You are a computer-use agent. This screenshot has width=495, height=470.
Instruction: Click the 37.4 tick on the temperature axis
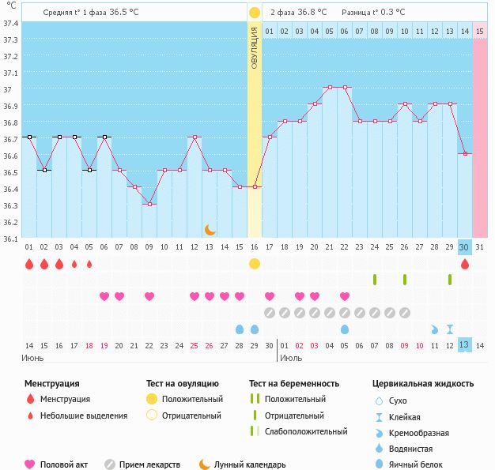click(x=10, y=23)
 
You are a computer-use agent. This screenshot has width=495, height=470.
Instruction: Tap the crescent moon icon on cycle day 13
click(x=210, y=229)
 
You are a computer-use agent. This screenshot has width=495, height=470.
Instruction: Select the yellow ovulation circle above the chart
click(x=254, y=13)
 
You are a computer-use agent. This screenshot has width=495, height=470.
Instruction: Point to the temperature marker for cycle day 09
click(x=149, y=204)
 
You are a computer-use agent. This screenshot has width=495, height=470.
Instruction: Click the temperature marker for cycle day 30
click(x=465, y=153)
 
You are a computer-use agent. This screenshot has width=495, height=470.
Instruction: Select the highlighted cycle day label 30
click(x=465, y=247)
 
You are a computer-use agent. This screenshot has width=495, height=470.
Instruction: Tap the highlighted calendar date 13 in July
click(x=465, y=344)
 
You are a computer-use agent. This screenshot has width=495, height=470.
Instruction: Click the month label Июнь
click(x=33, y=358)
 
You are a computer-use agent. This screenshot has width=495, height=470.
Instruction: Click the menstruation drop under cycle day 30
click(x=465, y=265)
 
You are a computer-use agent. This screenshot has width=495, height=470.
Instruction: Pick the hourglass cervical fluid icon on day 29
click(x=450, y=329)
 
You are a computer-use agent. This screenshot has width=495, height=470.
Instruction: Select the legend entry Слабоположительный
click(x=306, y=431)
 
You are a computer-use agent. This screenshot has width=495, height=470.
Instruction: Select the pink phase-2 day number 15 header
click(x=480, y=31)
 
